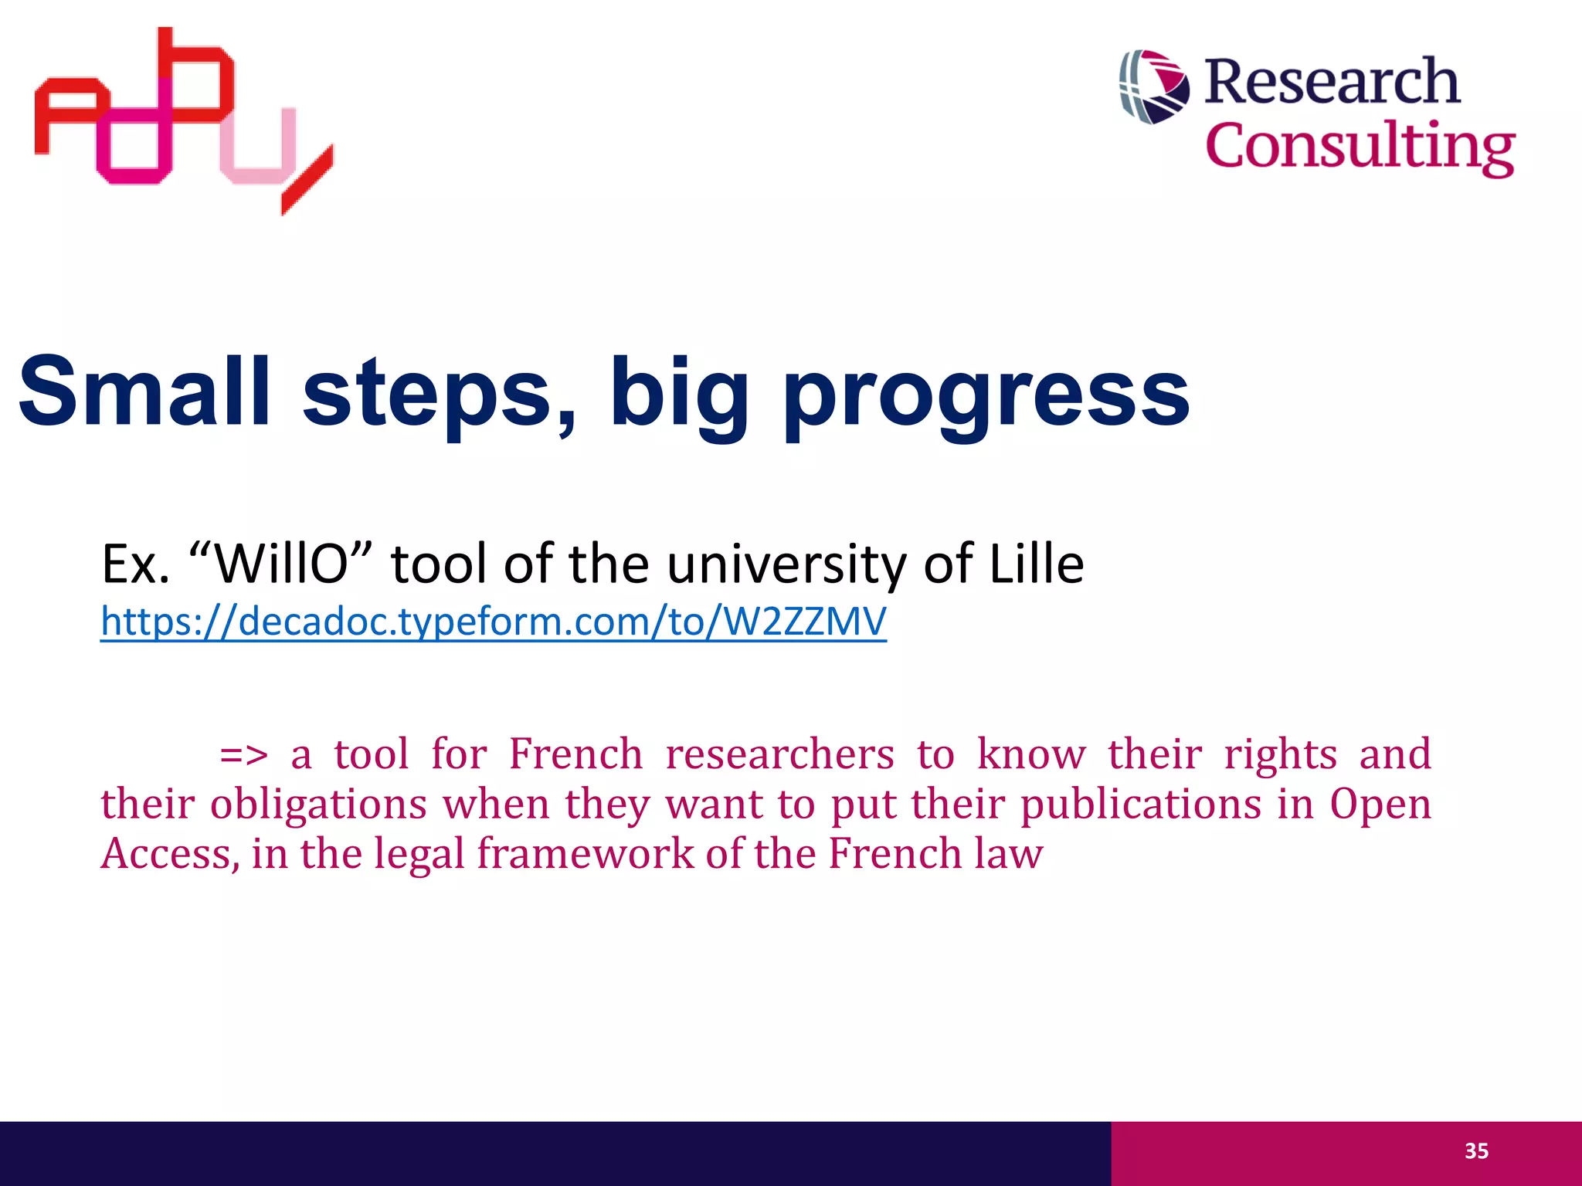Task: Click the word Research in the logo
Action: click(1332, 82)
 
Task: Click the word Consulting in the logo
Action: click(1360, 147)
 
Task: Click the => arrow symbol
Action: click(243, 755)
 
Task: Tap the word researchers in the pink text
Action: click(779, 754)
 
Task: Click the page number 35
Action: click(1476, 1151)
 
